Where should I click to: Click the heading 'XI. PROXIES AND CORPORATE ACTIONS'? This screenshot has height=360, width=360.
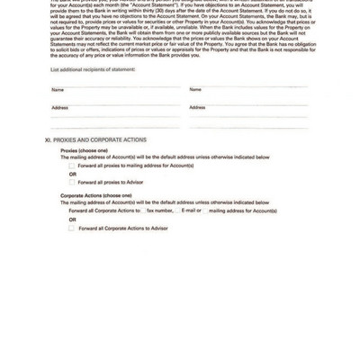pyautogui.click(x=94, y=141)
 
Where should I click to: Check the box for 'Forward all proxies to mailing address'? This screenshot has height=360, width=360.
pyautogui.click(x=72, y=166)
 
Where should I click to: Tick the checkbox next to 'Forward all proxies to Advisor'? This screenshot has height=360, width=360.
pyautogui.click(x=72, y=182)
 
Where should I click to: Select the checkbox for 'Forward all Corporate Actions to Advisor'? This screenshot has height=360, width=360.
pyautogui.click(x=72, y=228)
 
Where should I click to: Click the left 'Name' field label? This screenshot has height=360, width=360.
pyautogui.click(x=58, y=90)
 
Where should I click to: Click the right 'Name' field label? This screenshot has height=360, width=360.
pyautogui.click(x=195, y=90)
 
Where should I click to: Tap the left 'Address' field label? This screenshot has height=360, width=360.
pyautogui.click(x=59, y=107)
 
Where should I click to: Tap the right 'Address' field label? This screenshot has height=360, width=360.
pyautogui.click(x=198, y=107)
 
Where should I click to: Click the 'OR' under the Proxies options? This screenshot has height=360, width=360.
pyautogui.click(x=73, y=174)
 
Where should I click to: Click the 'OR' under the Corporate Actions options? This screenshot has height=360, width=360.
pyautogui.click(x=73, y=219)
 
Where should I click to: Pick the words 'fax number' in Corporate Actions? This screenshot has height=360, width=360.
pyautogui.click(x=160, y=211)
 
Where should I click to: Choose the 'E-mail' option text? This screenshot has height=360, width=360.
pyautogui.click(x=190, y=211)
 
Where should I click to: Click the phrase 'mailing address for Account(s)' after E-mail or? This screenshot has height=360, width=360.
pyautogui.click(x=242, y=211)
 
